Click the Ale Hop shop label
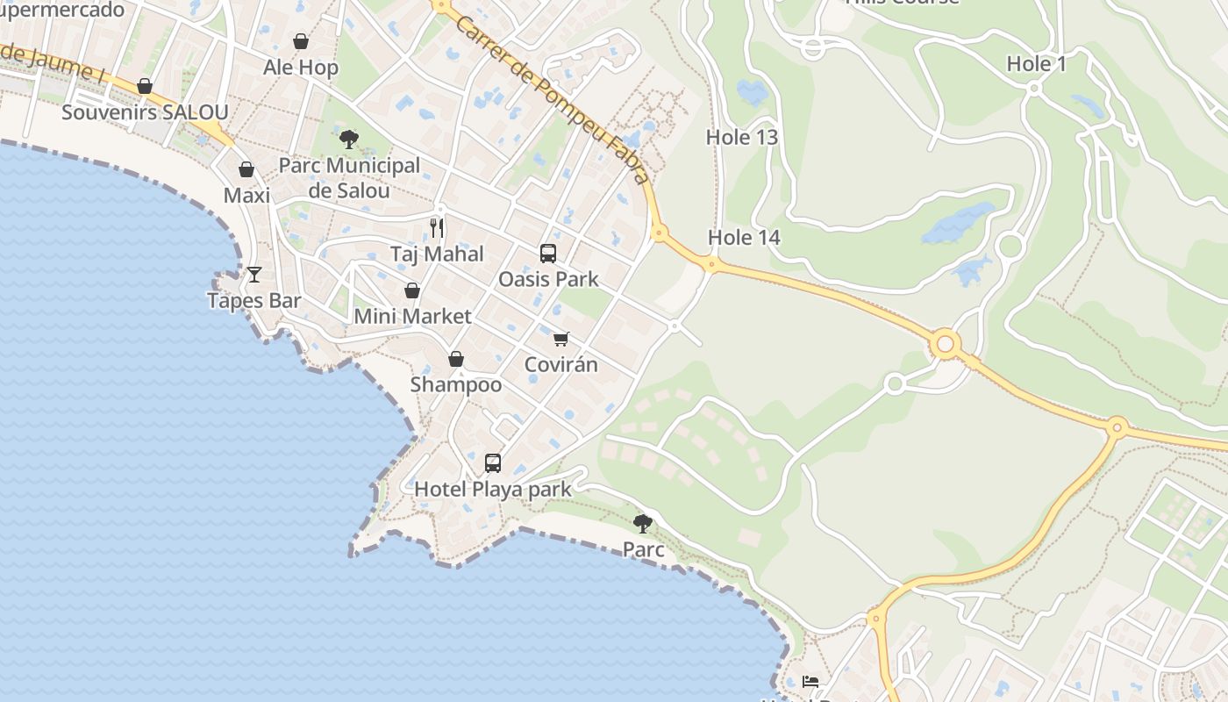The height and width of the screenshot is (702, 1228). coord(301,68)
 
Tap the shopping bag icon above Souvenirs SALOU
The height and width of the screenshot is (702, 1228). coord(145,86)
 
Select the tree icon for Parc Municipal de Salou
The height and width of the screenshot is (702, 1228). coord(349,139)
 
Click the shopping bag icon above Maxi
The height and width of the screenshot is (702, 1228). coord(246,169)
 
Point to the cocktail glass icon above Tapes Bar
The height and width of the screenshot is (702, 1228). coord(254,275)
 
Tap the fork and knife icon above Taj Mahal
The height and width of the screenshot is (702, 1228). coord(437,228)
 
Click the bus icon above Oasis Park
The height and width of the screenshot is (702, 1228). coord(548,254)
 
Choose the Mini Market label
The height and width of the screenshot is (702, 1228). coord(412,316)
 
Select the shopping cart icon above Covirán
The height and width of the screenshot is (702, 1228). coord(560,339)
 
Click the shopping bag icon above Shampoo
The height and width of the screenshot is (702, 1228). coord(456,359)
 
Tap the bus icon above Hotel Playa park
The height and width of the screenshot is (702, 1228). coord(493,463)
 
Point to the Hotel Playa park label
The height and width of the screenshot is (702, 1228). coord(493,489)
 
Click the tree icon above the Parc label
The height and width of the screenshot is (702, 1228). coord(643,524)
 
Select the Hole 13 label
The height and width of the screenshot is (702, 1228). coord(742,137)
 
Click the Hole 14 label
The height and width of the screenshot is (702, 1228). coord(744,237)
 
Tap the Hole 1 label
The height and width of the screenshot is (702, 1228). coord(1036,63)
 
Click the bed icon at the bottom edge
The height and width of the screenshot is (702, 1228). coord(810,682)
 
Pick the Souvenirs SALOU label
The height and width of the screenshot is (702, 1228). coord(145,112)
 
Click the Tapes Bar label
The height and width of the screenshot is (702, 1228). coord(254,300)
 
